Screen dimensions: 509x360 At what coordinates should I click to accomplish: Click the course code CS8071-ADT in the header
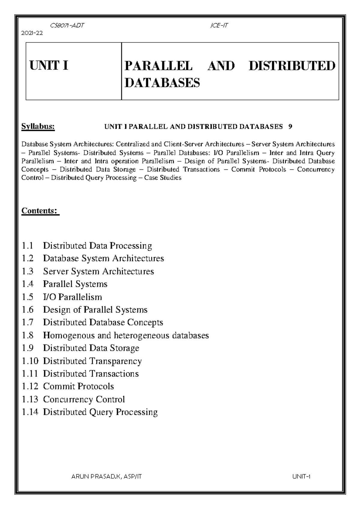(x=67, y=25)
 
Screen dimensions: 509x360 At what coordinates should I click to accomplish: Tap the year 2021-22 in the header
(x=32, y=33)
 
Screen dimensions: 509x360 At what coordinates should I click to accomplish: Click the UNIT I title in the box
(x=49, y=65)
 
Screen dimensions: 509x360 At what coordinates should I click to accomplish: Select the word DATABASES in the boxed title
(x=162, y=82)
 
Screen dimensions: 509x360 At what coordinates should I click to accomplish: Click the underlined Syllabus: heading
(x=38, y=127)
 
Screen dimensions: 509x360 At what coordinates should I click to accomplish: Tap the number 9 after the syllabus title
(x=290, y=127)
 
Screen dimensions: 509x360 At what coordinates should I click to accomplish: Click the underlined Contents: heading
(x=40, y=211)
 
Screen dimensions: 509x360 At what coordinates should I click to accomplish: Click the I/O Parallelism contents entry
(x=72, y=297)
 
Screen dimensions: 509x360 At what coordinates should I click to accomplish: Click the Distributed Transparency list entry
(x=92, y=361)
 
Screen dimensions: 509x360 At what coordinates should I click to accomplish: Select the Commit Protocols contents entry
(x=78, y=386)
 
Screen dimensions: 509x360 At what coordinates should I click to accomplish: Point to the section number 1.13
(x=30, y=399)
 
